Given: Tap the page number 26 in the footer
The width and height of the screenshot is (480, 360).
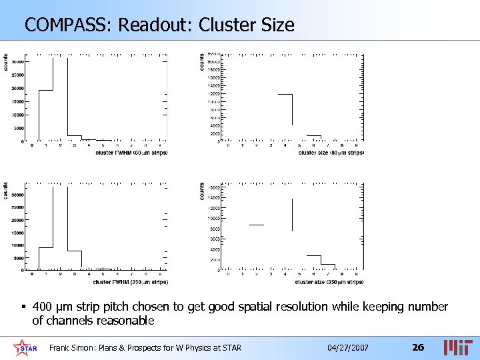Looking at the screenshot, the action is [418, 347].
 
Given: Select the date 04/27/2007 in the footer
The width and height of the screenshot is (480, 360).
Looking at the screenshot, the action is [347, 348].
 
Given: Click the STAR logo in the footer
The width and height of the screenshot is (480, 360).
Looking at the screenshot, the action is [25, 347].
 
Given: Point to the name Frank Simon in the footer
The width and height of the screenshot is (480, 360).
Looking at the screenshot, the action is [73, 348].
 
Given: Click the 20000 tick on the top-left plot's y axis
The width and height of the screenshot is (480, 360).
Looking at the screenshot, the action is [17, 88].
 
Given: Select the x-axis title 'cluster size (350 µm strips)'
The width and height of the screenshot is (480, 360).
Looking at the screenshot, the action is [329, 282].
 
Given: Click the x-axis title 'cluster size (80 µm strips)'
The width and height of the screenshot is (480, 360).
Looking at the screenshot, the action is [331, 153].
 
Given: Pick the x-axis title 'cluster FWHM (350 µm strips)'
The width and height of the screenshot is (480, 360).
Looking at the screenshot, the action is [131, 282].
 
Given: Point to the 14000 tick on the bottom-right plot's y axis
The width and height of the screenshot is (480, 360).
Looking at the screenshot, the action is [214, 198].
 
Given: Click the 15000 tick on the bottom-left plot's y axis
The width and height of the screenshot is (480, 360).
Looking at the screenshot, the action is [17, 233].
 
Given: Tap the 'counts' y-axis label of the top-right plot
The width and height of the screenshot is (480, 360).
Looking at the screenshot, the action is [203, 62].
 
